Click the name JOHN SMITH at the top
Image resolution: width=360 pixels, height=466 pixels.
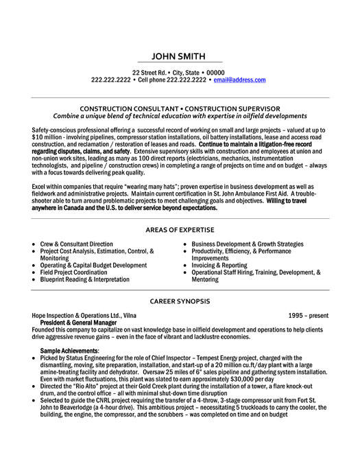[180, 57]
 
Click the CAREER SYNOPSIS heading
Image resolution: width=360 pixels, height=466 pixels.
[180, 301]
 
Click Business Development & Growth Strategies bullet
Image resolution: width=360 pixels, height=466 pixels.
[248, 244]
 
